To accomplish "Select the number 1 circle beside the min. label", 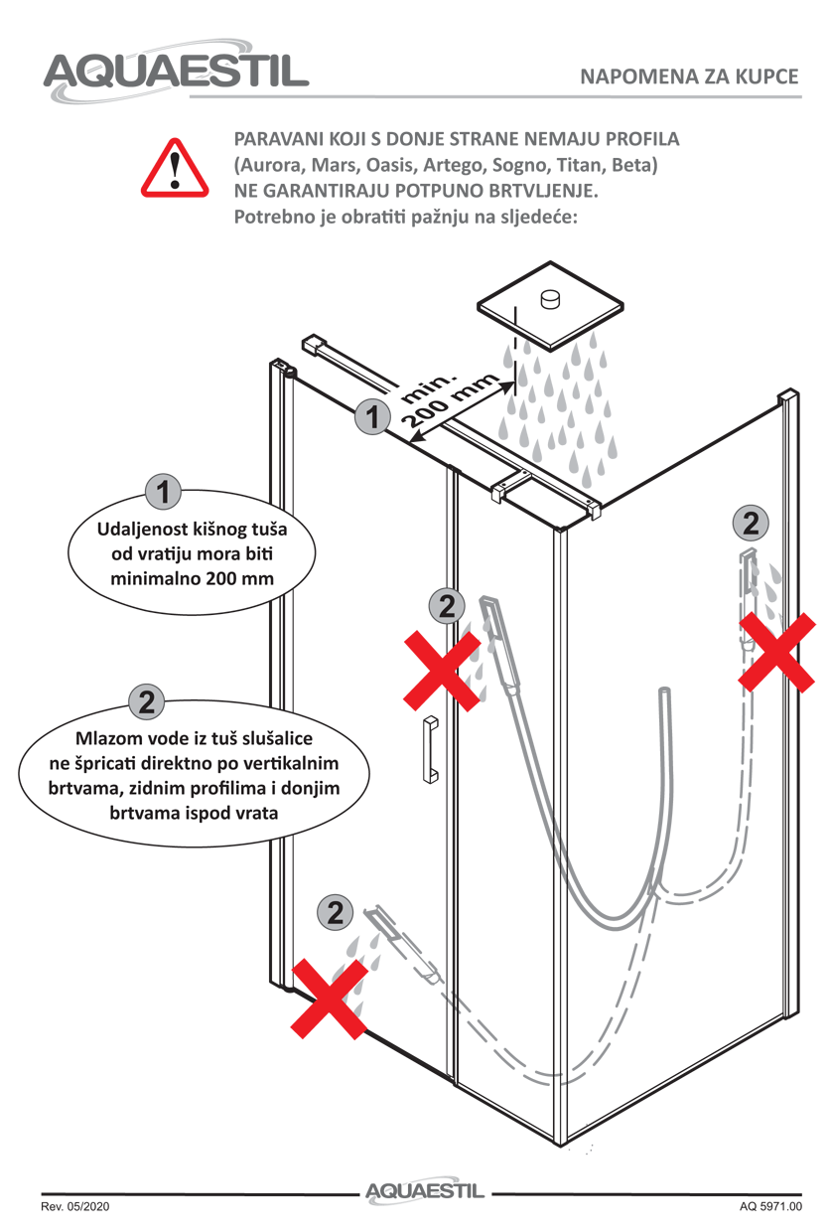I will pos(372,417).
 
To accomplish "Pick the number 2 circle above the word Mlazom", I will pos(146,701).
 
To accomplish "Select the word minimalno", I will pos(154,577).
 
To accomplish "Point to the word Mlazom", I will pos(110,741).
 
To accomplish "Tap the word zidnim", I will pos(143,789).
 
